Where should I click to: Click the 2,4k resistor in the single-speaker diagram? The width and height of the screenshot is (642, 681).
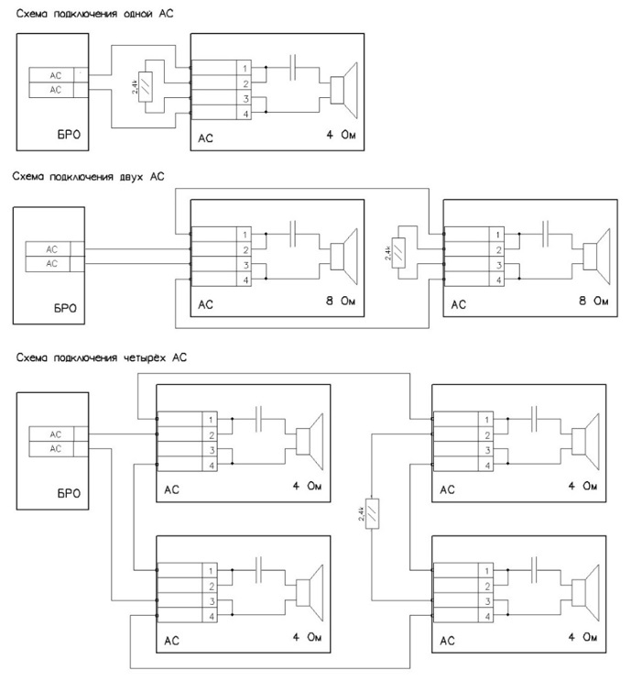(146, 86)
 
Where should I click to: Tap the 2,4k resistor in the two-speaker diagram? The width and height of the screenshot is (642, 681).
(398, 252)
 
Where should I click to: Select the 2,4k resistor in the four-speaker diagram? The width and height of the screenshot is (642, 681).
(372, 513)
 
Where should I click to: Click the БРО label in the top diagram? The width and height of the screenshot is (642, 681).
(69, 134)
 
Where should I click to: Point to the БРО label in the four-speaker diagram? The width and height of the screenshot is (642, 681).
(69, 493)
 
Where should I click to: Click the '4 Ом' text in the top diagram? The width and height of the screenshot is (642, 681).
(342, 135)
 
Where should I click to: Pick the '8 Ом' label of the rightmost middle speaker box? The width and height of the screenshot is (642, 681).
(593, 301)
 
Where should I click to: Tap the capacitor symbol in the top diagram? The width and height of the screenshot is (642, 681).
(293, 67)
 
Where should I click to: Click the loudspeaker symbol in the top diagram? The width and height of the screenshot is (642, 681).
(343, 91)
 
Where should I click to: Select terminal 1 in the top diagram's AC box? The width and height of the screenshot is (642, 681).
(245, 68)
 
